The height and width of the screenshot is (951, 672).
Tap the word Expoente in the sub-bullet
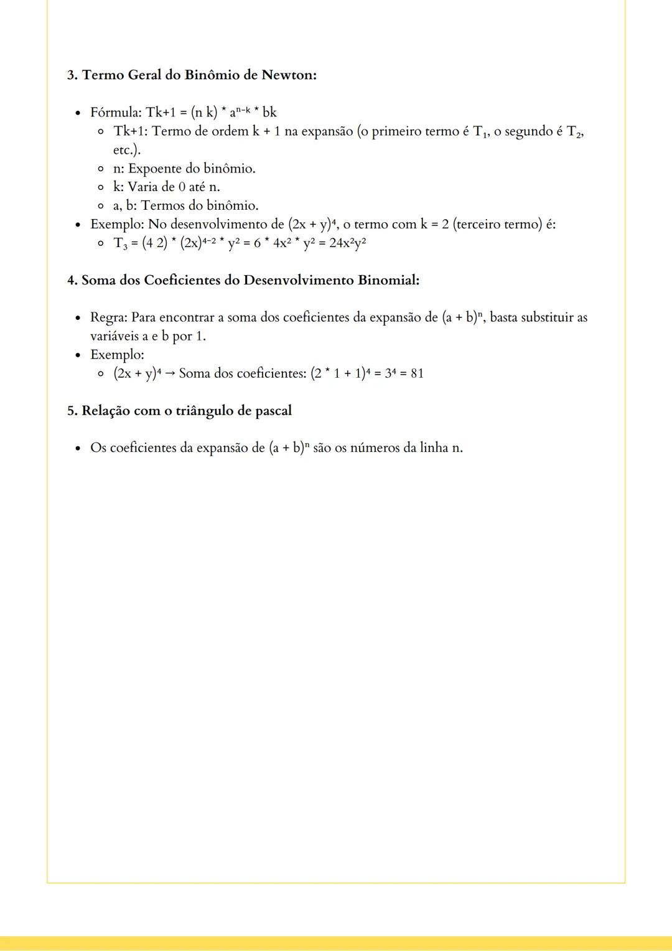click(154, 169)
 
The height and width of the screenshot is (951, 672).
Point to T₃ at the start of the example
click(119, 243)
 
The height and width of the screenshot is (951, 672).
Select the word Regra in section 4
click(108, 318)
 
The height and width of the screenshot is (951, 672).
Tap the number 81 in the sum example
click(417, 374)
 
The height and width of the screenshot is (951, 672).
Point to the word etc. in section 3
click(126, 150)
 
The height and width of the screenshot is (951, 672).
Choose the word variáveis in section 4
click(114, 337)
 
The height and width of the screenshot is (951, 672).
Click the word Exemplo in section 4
click(116, 355)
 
